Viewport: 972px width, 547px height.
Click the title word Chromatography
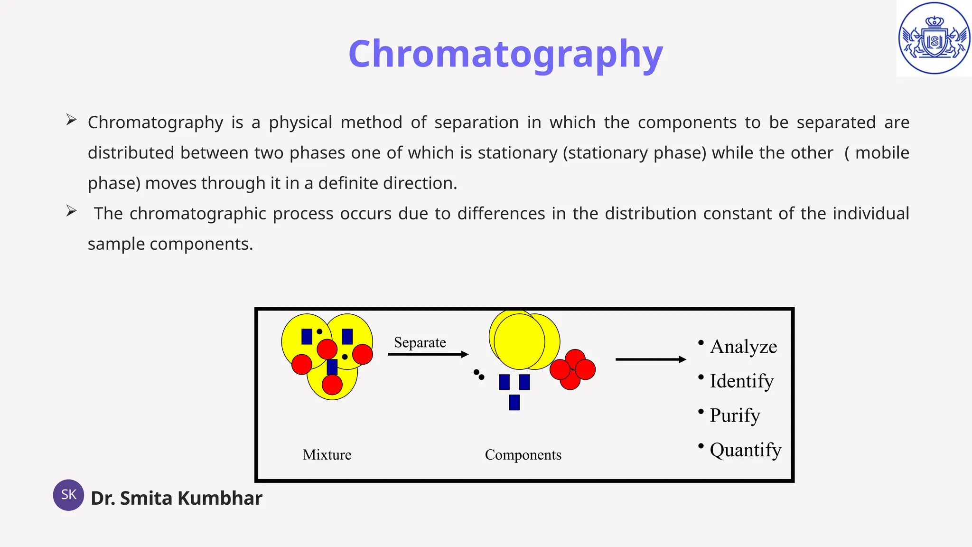pyautogui.click(x=505, y=54)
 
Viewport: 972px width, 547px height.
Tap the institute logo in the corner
pyautogui.click(x=934, y=38)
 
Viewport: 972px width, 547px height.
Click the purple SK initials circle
pyautogui.click(x=68, y=495)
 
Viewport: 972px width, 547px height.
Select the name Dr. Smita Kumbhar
pyautogui.click(x=176, y=498)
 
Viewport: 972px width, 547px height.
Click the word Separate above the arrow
pyautogui.click(x=420, y=342)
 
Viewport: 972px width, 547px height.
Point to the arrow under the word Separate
pyautogui.click(x=428, y=354)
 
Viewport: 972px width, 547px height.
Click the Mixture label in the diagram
pyautogui.click(x=327, y=455)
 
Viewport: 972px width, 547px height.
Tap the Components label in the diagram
pyautogui.click(x=523, y=455)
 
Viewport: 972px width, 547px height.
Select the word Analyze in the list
pyautogui.click(x=743, y=347)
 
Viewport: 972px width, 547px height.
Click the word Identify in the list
pyautogui.click(x=741, y=381)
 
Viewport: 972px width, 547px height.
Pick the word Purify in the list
pyautogui.click(x=735, y=415)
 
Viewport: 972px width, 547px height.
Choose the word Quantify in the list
pyautogui.click(x=745, y=450)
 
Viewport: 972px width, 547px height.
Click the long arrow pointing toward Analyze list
pyautogui.click(x=650, y=359)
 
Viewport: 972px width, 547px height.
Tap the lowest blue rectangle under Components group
pyautogui.click(x=514, y=402)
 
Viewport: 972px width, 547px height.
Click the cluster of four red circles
pyautogui.click(x=572, y=370)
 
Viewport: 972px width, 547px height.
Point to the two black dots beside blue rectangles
pyautogui.click(x=478, y=375)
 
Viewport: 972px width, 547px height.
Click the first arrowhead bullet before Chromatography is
pyautogui.click(x=71, y=120)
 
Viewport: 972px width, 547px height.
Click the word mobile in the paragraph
pyautogui.click(x=882, y=153)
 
